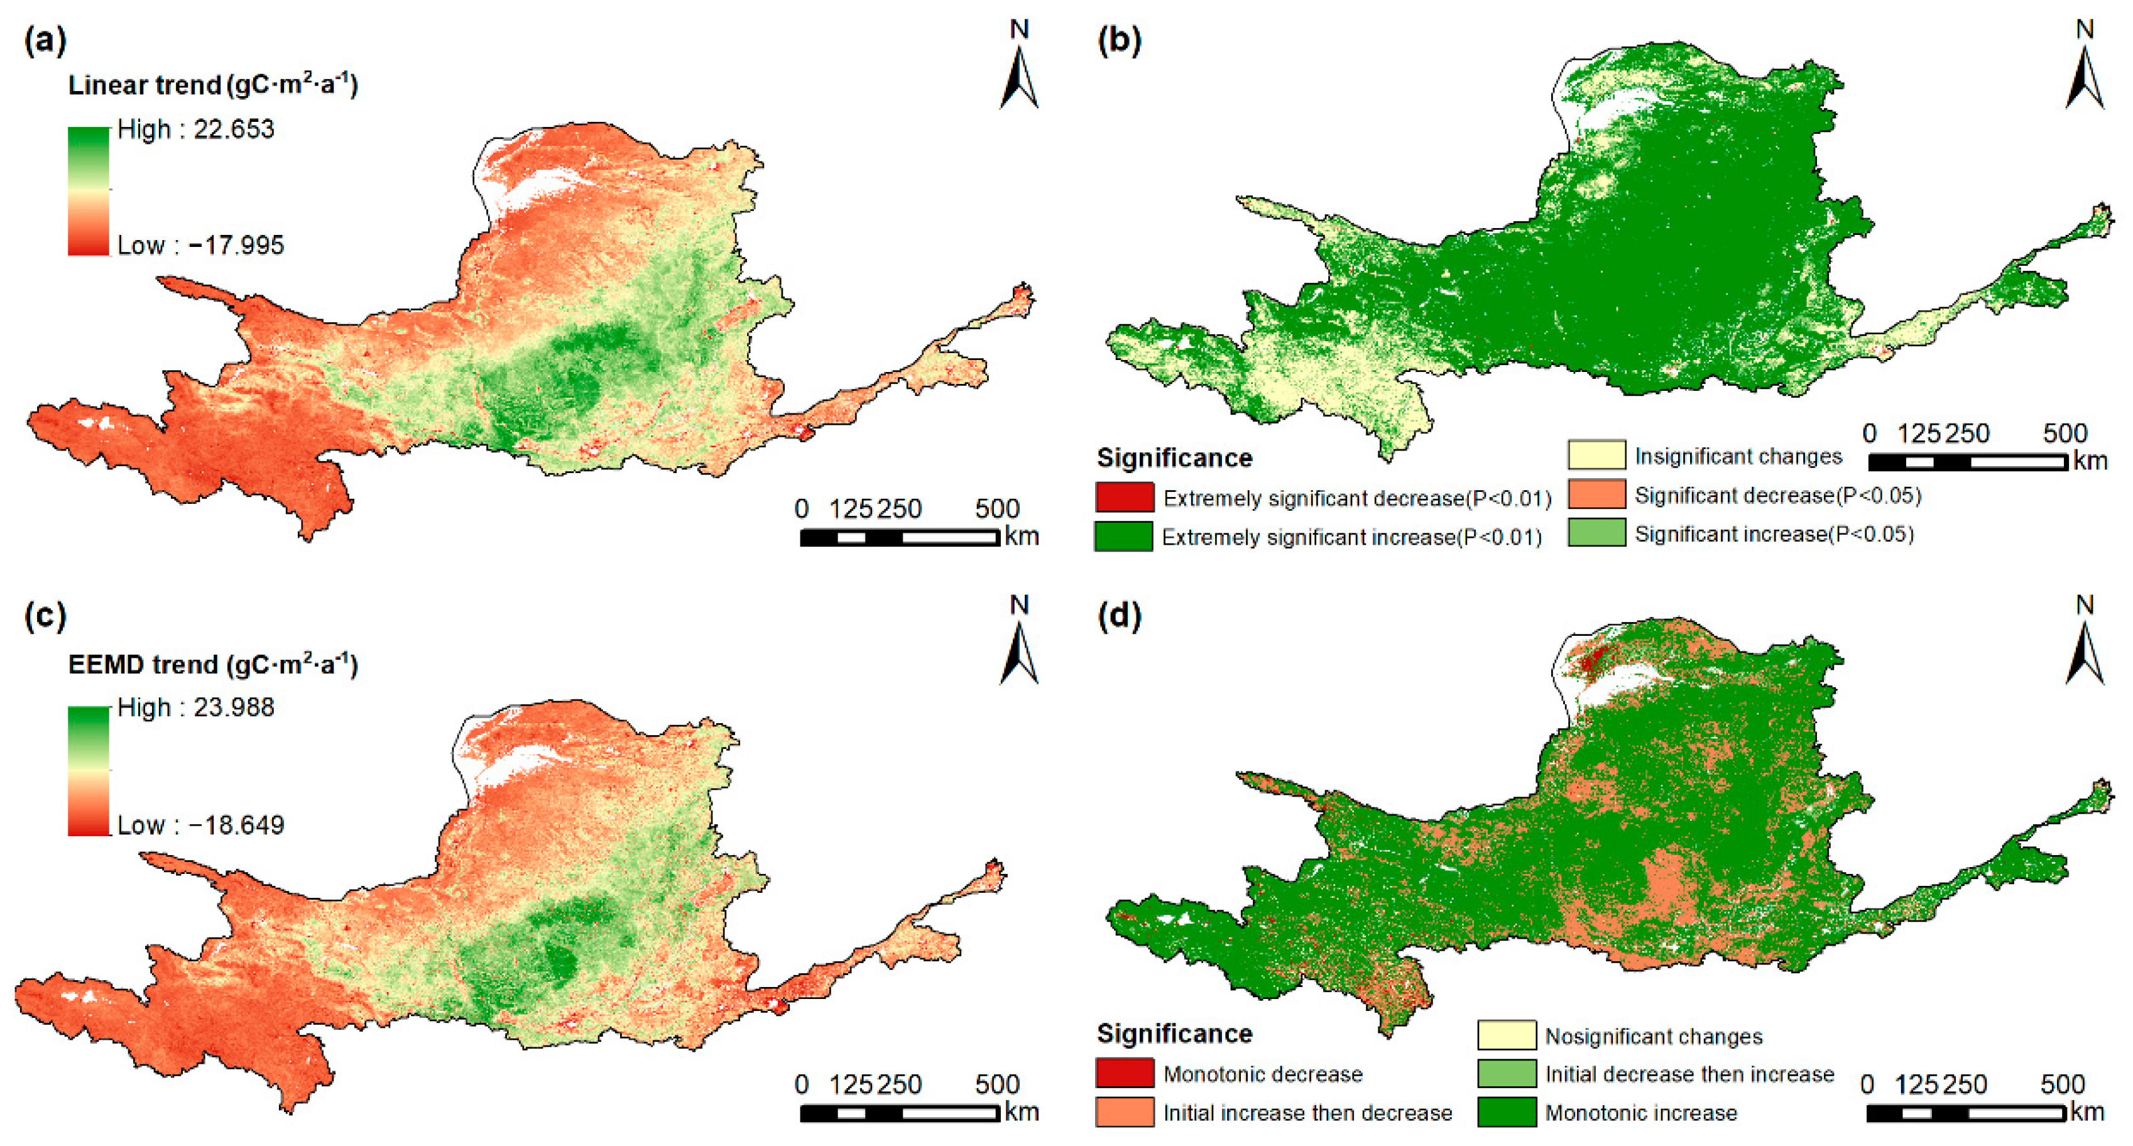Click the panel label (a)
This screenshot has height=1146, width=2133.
[45, 40]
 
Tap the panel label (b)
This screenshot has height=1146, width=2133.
[1119, 40]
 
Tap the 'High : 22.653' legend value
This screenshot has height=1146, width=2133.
[195, 129]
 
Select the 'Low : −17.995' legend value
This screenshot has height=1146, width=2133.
[200, 245]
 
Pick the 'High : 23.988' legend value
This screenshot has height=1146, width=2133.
[195, 707]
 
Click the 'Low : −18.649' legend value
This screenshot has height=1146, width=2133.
[200, 825]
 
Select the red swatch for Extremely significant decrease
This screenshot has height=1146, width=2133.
[1123, 497]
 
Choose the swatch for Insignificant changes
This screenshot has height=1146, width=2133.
[1596, 456]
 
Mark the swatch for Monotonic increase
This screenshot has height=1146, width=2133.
[1506, 1112]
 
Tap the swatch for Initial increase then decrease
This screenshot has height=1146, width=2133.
[1123, 1112]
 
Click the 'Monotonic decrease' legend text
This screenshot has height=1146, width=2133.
[1262, 1074]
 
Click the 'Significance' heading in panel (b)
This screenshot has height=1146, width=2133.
[1174, 458]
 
